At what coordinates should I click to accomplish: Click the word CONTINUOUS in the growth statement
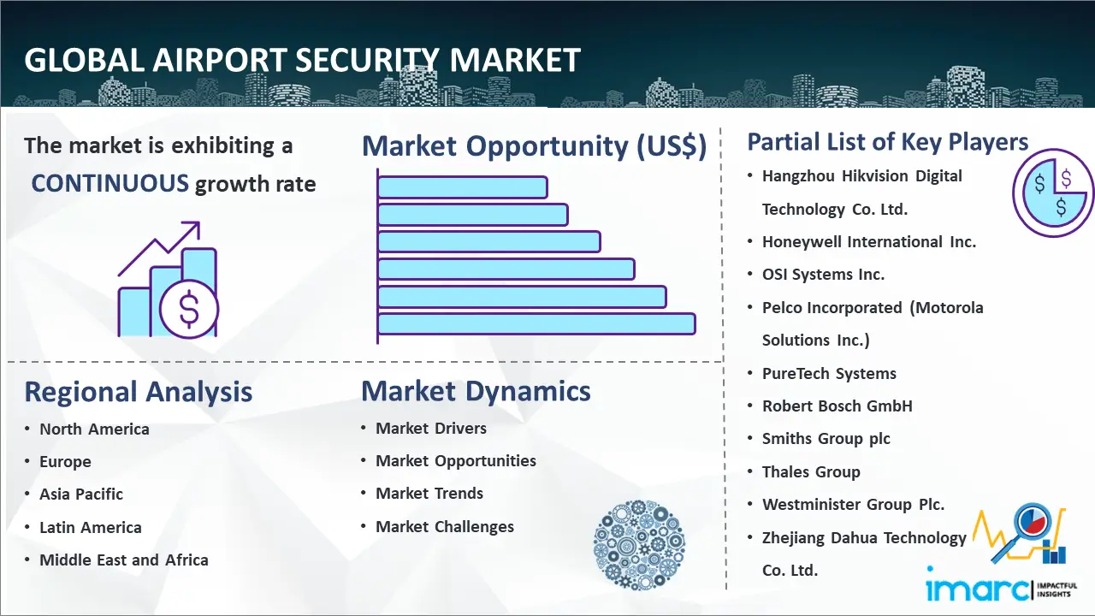pos(110,184)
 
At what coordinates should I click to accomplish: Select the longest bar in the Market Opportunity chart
pos(536,324)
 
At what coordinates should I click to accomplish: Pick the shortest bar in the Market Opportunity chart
pos(463,187)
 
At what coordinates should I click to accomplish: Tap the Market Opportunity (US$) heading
pos(535,146)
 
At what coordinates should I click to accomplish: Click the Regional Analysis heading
pos(139,392)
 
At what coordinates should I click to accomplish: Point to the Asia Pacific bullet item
pos(81,495)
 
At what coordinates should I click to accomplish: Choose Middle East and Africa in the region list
pos(124,560)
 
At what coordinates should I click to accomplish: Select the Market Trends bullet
pos(429,494)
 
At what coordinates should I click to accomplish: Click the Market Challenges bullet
pos(445,526)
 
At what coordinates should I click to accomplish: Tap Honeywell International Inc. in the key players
pos(869,242)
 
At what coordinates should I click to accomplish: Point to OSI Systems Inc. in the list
pos(823,275)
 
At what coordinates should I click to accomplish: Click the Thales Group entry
pos(811,471)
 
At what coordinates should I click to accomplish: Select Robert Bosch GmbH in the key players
pos(838,406)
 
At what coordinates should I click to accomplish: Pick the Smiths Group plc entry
pos(826,439)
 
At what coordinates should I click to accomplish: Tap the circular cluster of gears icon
pos(639,545)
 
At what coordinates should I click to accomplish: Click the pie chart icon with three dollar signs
pos(1053,192)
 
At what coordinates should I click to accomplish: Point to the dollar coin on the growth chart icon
pos(189,309)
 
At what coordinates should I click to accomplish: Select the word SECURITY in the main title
pos(366,61)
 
